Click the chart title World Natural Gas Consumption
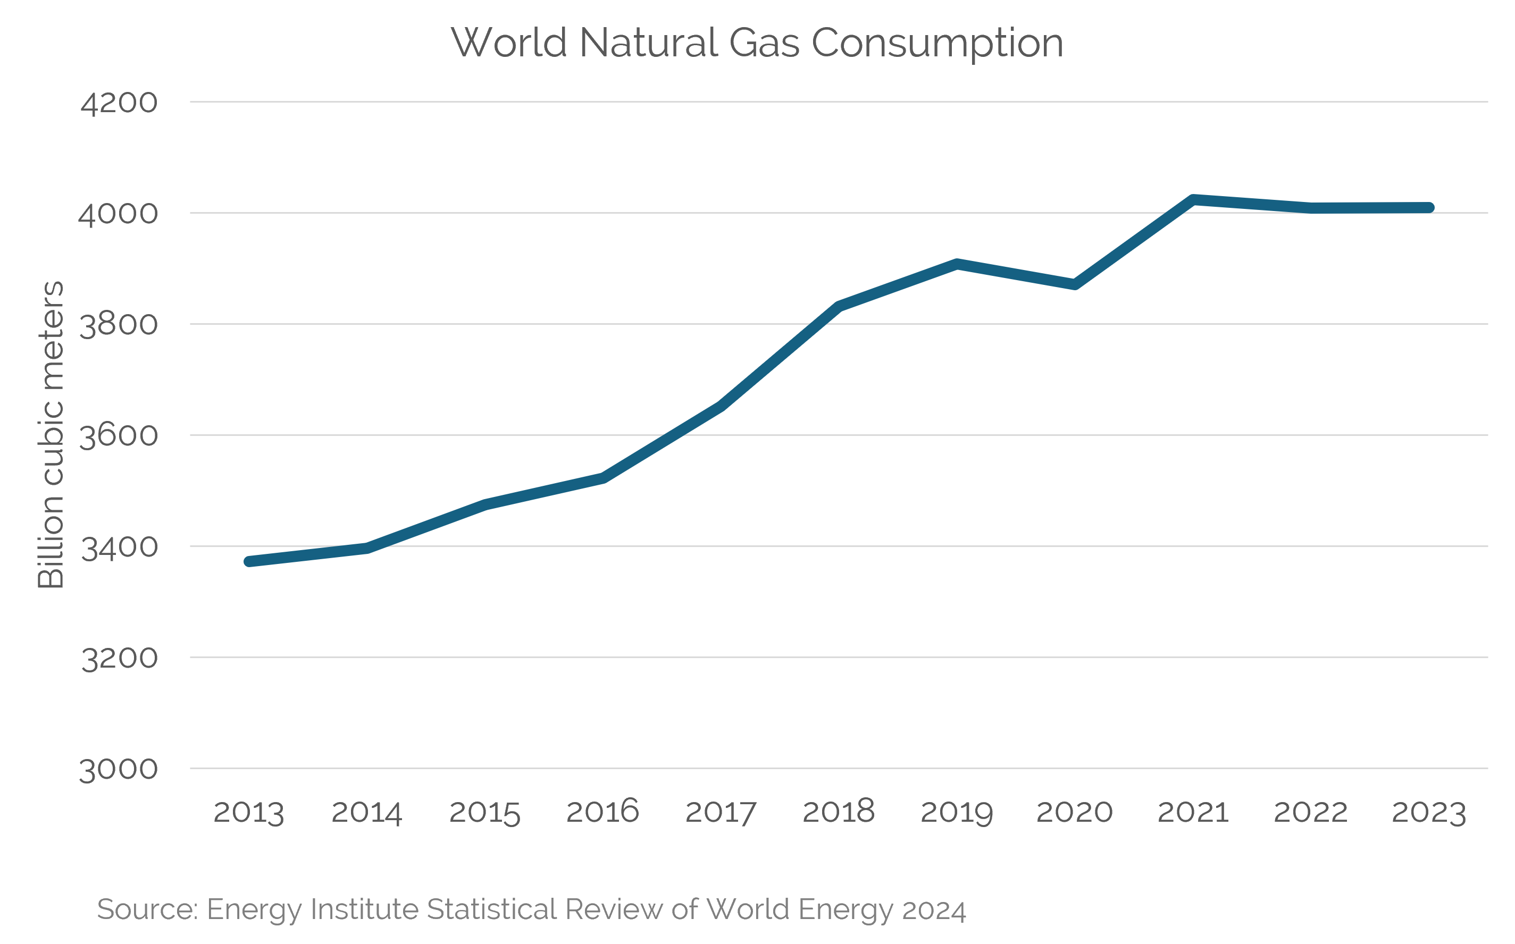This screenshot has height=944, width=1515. point(756,43)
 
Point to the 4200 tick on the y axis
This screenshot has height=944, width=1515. point(119,103)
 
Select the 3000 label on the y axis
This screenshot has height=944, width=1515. point(119,770)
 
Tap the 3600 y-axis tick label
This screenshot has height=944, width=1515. point(119,436)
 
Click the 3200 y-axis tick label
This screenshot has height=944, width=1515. point(119,659)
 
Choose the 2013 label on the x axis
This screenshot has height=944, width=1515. point(248,813)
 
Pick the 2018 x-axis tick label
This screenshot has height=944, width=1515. point(838,812)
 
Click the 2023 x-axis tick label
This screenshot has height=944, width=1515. point(1429,813)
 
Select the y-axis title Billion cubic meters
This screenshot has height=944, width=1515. point(51,435)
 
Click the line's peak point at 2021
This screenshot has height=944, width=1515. point(1193,200)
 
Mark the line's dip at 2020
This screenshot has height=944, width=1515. point(1075,284)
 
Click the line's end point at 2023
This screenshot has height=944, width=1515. point(1429,207)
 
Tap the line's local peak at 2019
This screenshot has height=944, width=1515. point(957,264)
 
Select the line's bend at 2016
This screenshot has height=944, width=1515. point(602,478)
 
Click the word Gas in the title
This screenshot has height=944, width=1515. point(764,43)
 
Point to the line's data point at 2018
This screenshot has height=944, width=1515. point(839,306)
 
